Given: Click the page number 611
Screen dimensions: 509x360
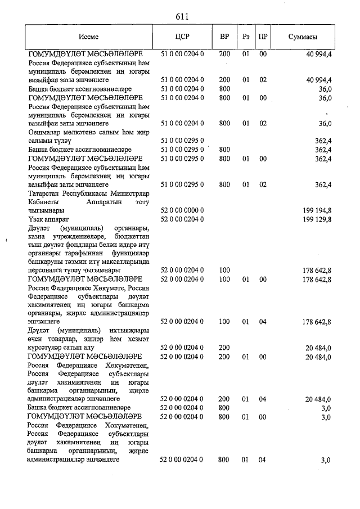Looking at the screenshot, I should click(x=181, y=17).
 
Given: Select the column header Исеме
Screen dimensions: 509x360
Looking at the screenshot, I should click(x=88, y=37).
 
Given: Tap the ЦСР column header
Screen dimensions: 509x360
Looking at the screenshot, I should click(x=182, y=37).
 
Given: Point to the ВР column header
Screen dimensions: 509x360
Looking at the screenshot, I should click(x=224, y=37).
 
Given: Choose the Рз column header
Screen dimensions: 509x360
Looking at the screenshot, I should click(x=246, y=37).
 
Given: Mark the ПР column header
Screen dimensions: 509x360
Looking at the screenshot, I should click(x=262, y=37).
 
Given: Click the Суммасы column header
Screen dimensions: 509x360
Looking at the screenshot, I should click(x=303, y=37).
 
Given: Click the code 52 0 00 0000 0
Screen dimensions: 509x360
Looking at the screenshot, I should click(x=182, y=210).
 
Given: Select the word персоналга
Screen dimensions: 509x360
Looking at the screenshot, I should click(x=48, y=271).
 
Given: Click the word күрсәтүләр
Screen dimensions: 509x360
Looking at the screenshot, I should click(x=48, y=348).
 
